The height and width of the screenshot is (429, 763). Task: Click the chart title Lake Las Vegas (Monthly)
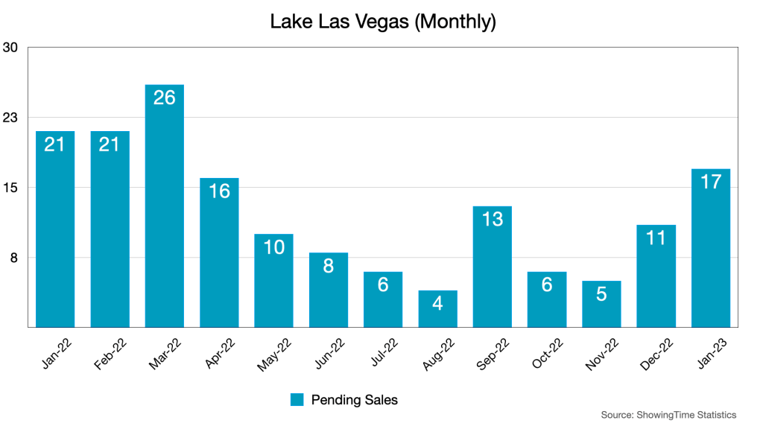(382, 22)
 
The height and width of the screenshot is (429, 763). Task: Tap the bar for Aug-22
(437, 308)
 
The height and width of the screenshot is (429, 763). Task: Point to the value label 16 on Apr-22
(219, 191)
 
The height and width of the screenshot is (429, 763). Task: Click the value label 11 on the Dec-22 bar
(656, 238)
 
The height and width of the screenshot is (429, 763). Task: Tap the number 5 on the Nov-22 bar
(601, 293)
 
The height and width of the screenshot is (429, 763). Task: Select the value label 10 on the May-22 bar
(273, 247)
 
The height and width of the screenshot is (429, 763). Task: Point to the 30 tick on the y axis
(10, 48)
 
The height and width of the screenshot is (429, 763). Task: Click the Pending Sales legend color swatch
(297, 400)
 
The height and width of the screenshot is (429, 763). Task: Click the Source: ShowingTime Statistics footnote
(668, 415)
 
